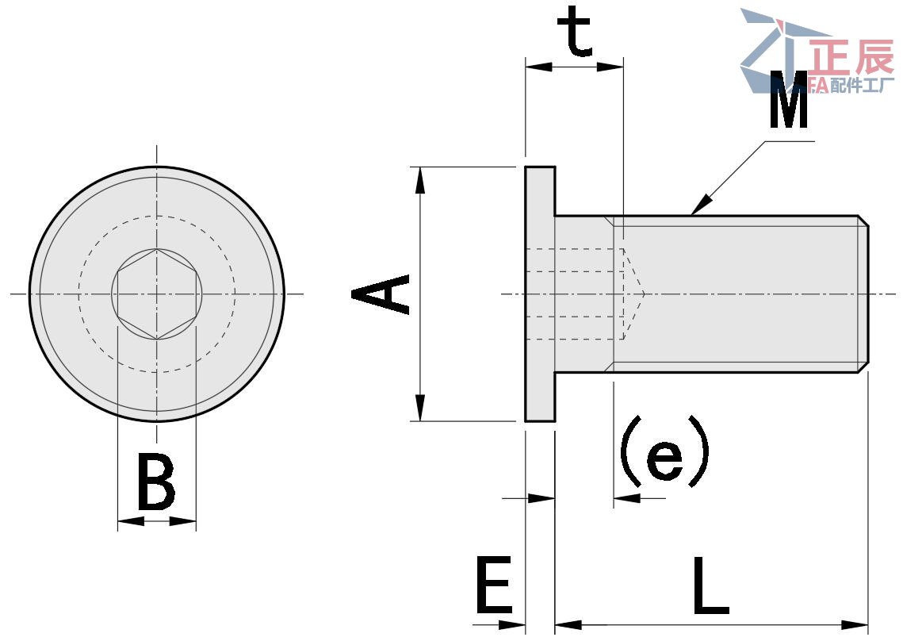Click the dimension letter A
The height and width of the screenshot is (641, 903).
click(x=381, y=294)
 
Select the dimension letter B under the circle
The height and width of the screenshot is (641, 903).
click(x=156, y=482)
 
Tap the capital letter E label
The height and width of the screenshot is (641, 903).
click(x=495, y=586)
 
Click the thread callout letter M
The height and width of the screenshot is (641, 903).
click(x=789, y=101)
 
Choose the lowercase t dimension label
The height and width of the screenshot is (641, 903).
click(x=575, y=33)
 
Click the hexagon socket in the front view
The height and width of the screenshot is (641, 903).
click(x=157, y=294)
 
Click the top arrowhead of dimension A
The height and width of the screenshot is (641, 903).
click(x=420, y=178)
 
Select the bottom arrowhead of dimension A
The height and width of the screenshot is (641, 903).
click(x=420, y=409)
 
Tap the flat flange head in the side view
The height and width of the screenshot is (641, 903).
click(x=539, y=294)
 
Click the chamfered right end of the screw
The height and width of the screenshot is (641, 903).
click(x=863, y=294)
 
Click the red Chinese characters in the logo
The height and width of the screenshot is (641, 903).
click(x=849, y=59)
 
